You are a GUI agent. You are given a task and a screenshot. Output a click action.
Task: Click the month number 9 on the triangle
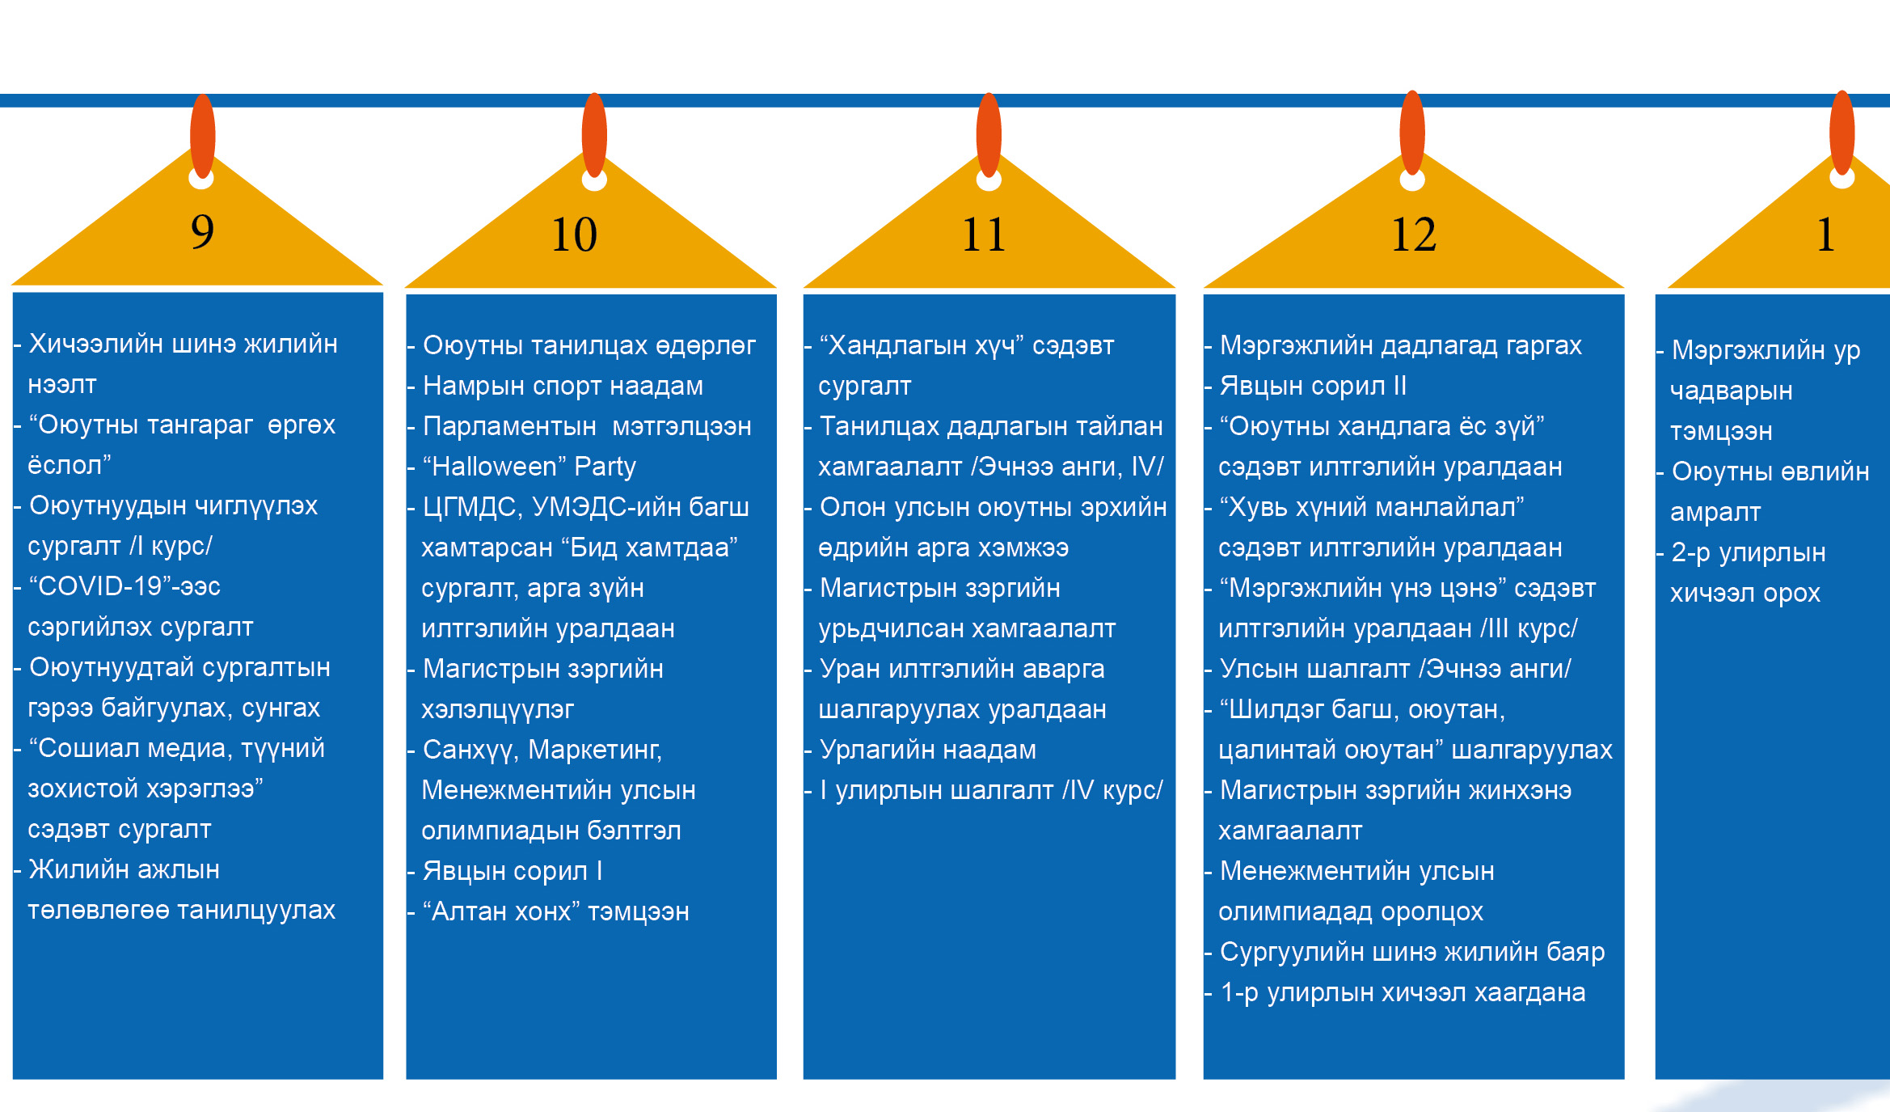click(202, 232)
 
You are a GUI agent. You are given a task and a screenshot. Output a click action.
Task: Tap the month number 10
click(574, 235)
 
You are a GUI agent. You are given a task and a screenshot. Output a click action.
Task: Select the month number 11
click(983, 235)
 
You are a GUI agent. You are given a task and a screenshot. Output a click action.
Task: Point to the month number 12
click(1413, 235)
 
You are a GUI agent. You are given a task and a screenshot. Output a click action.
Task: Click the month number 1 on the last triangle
click(1825, 235)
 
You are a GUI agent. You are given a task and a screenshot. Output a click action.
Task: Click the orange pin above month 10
click(594, 134)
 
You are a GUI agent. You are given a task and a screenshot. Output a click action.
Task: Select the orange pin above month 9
click(202, 135)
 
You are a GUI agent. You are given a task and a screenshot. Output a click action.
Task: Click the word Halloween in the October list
click(494, 467)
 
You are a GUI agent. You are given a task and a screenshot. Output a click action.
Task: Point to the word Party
click(605, 467)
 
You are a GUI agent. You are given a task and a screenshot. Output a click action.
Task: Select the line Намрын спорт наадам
click(563, 387)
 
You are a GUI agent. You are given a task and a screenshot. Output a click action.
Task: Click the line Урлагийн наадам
click(927, 750)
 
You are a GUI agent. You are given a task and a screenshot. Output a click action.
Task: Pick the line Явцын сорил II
click(1313, 387)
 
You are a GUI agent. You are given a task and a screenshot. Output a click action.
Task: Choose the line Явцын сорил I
click(513, 872)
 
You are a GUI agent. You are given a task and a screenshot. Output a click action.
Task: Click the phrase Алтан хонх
click(501, 912)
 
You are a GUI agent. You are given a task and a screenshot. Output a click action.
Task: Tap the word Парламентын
click(509, 427)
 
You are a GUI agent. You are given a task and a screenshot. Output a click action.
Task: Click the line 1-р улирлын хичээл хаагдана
click(1403, 993)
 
